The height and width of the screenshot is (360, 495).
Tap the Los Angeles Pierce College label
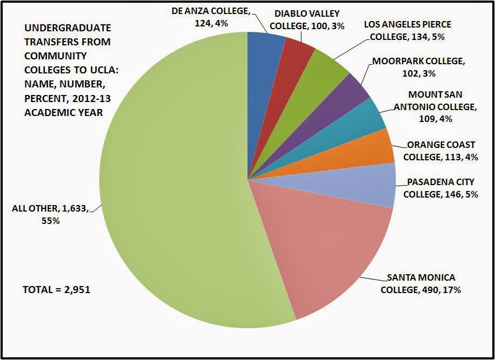[x=408, y=30]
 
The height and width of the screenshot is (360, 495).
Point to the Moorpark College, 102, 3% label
[x=417, y=67]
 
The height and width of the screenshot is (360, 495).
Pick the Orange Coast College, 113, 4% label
[x=441, y=151]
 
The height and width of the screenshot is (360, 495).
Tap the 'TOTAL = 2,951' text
[x=56, y=290]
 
